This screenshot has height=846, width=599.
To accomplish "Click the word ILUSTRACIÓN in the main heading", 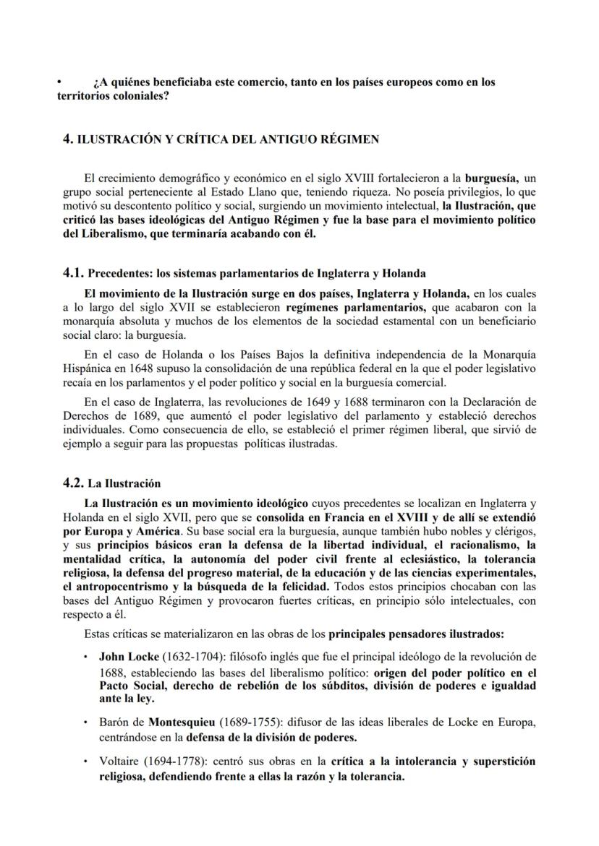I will click(115, 139).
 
